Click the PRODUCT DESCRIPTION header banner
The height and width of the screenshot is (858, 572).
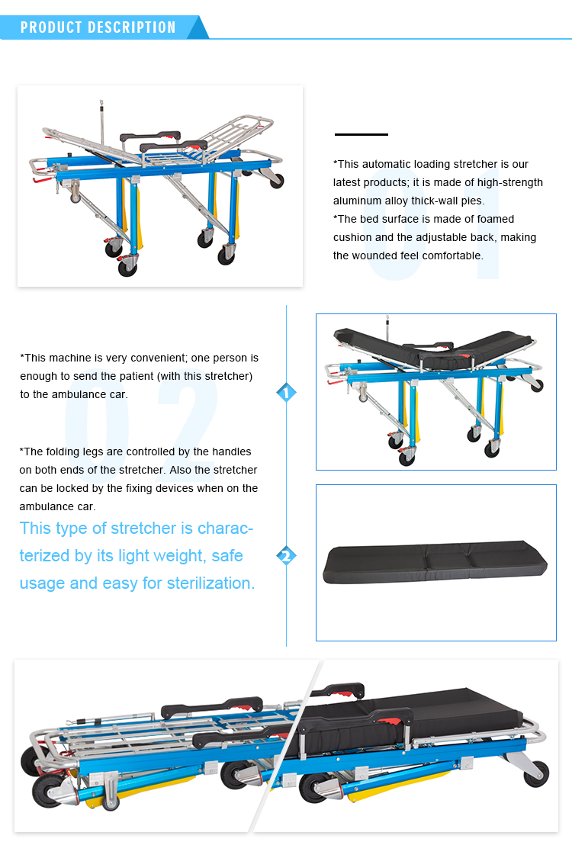(x=99, y=27)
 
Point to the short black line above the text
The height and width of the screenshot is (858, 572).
(x=362, y=134)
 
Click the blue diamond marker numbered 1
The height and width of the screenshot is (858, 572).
(x=286, y=394)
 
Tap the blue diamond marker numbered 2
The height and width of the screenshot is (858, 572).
(x=286, y=556)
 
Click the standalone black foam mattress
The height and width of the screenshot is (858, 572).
(x=435, y=562)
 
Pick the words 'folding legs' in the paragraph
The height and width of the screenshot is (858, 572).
(x=80, y=451)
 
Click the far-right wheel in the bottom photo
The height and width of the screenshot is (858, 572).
(x=536, y=773)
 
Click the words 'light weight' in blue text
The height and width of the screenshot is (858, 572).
(x=159, y=556)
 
